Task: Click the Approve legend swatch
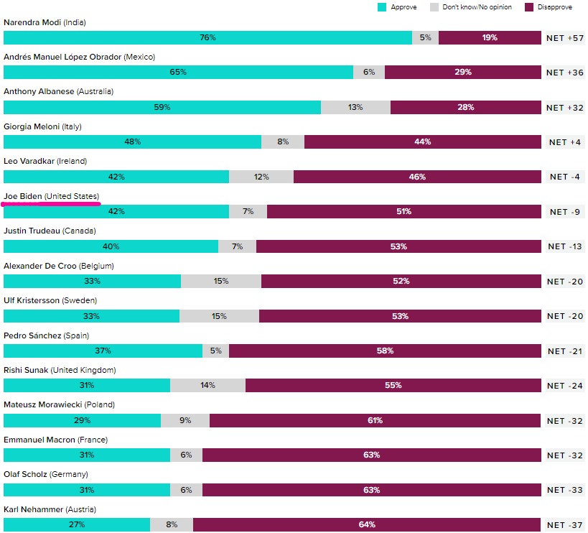[383, 7]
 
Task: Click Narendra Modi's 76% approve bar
[207, 37]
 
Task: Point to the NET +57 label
[564, 38]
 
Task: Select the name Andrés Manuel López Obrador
[79, 57]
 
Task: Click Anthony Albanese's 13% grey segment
[355, 107]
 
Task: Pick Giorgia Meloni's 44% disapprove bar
[422, 142]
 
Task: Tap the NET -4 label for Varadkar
[564, 177]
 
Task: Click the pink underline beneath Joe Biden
[50, 204]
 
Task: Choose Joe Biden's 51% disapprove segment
[403, 211]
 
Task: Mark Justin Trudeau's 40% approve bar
[111, 246]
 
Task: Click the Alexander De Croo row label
[59, 266]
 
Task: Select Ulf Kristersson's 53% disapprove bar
[400, 316]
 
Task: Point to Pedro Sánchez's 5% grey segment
[215, 351]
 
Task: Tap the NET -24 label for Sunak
[564, 386]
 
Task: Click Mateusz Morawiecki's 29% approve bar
[82, 420]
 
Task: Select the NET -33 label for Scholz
[564, 490]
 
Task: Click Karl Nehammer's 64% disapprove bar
[367, 524]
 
